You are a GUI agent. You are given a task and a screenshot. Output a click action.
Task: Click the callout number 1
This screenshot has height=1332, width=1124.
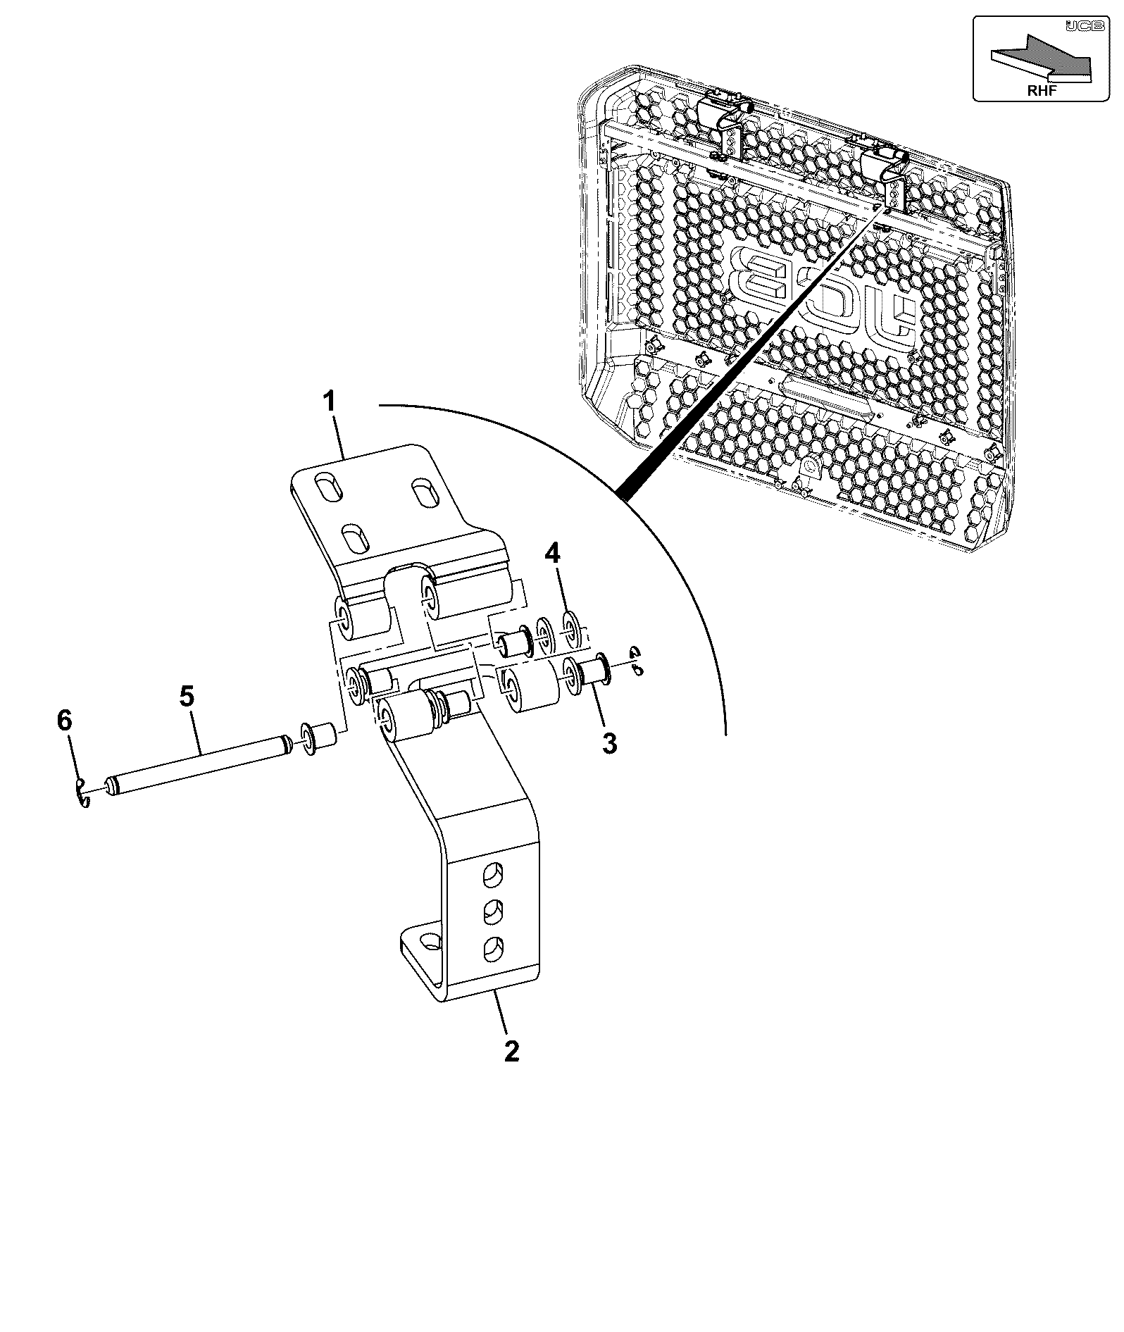(330, 404)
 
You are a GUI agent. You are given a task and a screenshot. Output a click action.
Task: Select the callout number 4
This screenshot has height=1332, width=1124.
(553, 554)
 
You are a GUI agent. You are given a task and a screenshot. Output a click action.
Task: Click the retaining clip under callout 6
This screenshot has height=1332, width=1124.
(82, 793)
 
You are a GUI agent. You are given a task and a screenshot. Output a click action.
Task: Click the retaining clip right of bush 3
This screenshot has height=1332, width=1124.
(637, 661)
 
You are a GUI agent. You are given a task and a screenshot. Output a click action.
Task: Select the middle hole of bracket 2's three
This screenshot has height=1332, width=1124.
(492, 914)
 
